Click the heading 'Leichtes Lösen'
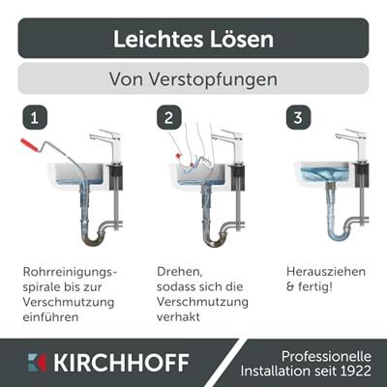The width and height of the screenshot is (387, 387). tap(193, 39)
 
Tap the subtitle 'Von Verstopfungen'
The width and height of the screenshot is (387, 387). tap(193, 78)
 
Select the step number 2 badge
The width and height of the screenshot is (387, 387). tap(168, 118)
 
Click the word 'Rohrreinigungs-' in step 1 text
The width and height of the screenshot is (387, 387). tap(69, 272)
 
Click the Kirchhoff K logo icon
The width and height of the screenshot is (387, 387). tap(37, 363)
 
